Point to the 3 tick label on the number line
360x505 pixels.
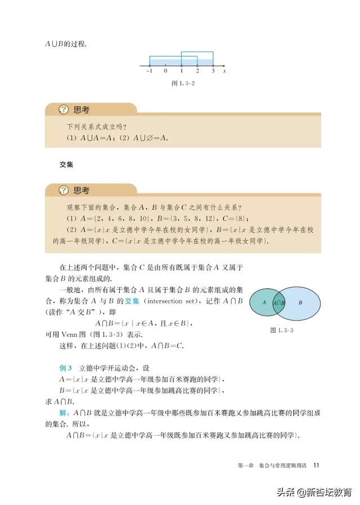click(x=213, y=72)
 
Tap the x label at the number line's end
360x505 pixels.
click(x=224, y=72)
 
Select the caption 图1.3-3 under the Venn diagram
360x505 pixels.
click(x=282, y=330)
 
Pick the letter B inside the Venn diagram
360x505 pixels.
click(x=300, y=303)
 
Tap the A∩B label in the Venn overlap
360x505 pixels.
click(x=279, y=303)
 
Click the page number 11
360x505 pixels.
click(x=317, y=465)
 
